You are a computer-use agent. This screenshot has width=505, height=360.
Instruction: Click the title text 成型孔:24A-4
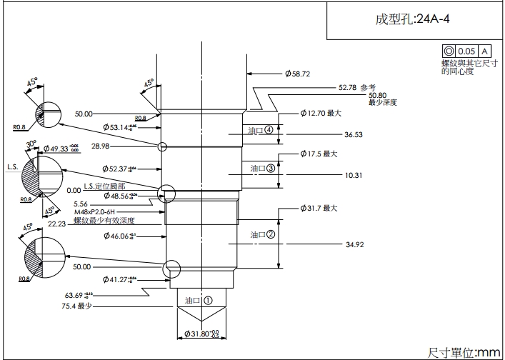412,19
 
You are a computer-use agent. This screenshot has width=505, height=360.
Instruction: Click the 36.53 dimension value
353,134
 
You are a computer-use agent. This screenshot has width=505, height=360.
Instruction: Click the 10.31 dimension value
353,174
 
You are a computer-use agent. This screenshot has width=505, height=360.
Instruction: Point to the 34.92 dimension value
355,245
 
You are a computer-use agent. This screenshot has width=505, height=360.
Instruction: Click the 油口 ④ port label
260,131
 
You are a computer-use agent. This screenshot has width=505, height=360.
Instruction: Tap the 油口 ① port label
199,301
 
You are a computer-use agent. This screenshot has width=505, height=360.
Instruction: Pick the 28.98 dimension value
101,146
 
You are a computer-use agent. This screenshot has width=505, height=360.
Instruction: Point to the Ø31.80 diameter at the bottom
201,334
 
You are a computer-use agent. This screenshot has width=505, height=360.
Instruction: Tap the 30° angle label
31,143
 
